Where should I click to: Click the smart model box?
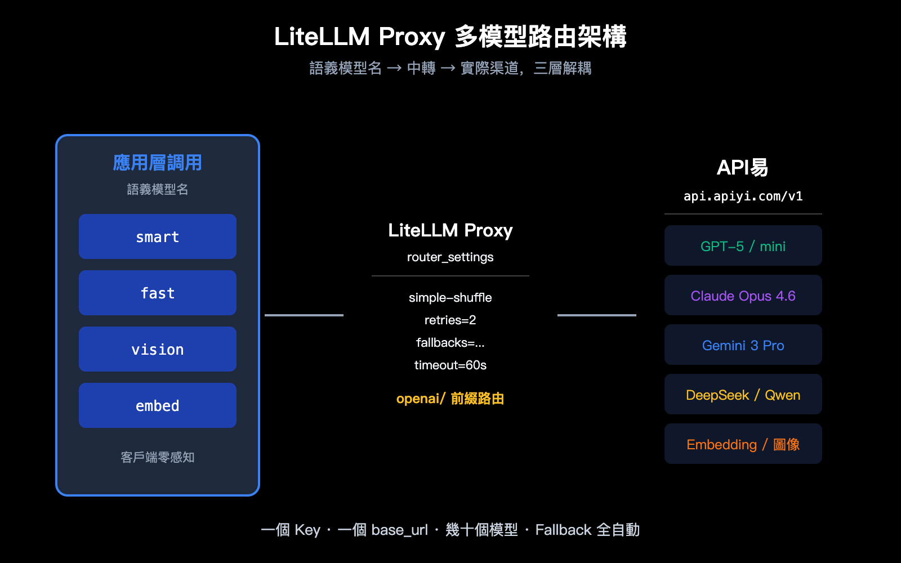tap(158, 236)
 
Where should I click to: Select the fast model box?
tap(158, 293)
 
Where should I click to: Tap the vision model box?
tap(158, 349)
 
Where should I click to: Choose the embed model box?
tap(158, 405)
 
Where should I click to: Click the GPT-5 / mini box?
tap(743, 246)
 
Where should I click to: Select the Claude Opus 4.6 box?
tap(743, 296)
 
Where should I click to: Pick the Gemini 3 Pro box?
tap(743, 345)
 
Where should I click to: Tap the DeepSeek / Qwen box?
tap(743, 395)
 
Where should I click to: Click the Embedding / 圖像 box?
tap(743, 444)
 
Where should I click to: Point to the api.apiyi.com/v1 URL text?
tap(743, 196)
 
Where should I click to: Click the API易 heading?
tap(742, 167)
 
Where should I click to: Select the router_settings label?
tap(450, 257)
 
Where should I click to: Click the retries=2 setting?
tap(450, 320)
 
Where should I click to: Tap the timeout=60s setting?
tap(450, 365)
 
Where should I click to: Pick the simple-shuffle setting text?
tap(450, 297)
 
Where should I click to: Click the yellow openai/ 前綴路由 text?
tap(450, 399)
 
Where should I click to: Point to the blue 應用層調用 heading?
tap(158, 163)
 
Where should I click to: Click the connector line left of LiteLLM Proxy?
tap(304, 315)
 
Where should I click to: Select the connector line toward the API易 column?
tap(597, 315)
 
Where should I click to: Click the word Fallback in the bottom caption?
tap(563, 530)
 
